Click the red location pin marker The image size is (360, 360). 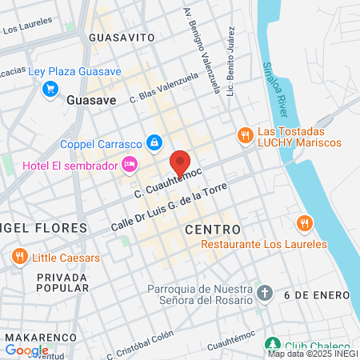[180, 162]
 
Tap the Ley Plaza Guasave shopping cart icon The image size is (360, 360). [50, 87]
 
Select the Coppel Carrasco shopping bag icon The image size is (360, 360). [153, 143]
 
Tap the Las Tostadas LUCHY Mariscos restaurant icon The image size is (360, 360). [246, 135]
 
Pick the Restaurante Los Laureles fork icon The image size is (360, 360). [303, 222]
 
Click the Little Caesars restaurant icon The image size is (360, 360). [20, 257]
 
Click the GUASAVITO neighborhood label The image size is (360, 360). [122, 37]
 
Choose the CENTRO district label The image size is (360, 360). [212, 229]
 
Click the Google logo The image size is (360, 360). [26, 350]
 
